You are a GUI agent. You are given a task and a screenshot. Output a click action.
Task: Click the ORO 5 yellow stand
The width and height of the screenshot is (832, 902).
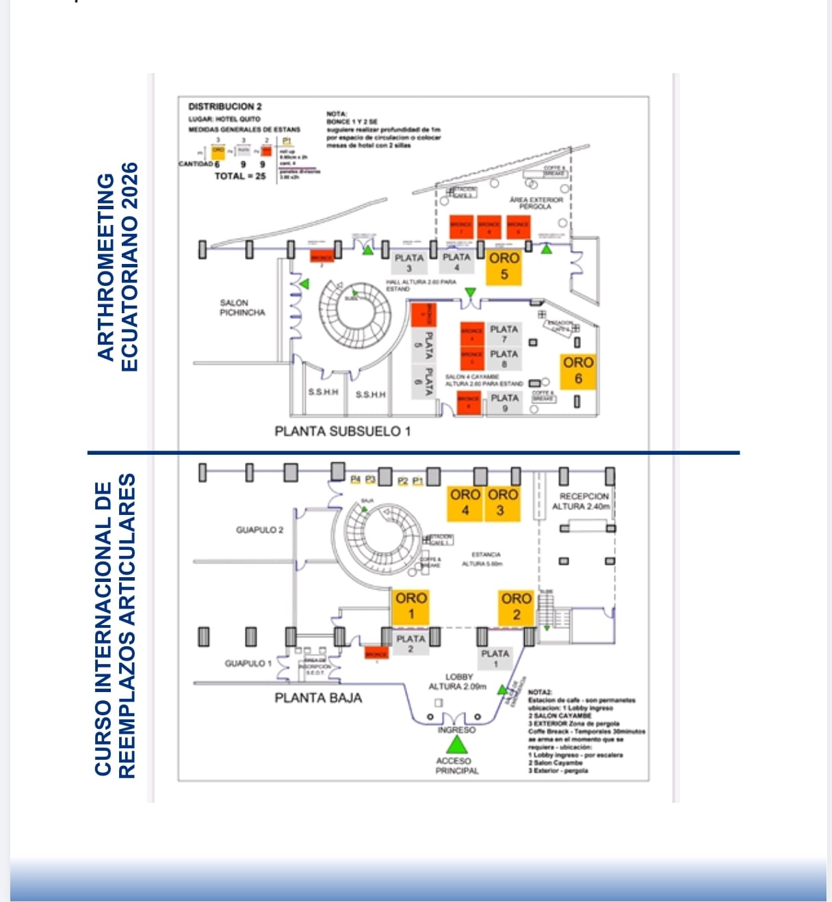coord(504,267)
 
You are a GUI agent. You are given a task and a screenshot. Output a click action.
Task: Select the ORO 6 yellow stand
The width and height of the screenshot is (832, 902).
coord(578,371)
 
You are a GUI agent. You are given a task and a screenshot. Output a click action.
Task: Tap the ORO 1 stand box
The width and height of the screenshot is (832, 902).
coord(411,606)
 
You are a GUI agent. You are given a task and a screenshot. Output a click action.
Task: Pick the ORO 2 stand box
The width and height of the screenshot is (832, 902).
coord(516,606)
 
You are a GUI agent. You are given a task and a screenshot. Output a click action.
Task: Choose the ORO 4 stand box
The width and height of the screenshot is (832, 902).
coord(465,503)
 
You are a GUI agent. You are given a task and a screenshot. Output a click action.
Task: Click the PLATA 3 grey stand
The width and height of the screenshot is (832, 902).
coord(409,263)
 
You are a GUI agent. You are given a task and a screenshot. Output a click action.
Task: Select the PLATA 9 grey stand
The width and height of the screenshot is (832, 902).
coord(505,402)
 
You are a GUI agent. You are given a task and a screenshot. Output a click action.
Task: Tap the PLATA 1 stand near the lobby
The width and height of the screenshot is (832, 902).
coord(495,658)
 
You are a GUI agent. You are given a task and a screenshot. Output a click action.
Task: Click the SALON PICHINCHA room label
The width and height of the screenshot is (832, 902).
coord(235,308)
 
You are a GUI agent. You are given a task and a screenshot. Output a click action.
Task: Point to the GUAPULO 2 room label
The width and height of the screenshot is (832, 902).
coord(259,530)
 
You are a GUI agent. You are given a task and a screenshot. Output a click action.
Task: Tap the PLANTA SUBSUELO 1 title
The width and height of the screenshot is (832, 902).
coord(342,432)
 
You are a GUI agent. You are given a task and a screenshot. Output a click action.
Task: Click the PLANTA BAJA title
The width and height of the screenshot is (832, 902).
coord(318,698)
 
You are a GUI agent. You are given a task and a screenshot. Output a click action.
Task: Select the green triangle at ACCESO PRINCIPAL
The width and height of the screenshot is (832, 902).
coord(456,745)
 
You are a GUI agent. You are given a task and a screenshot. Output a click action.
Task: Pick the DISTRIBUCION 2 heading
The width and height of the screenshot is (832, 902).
coord(224,107)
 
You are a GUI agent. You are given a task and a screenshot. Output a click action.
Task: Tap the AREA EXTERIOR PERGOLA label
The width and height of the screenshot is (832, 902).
coord(536,203)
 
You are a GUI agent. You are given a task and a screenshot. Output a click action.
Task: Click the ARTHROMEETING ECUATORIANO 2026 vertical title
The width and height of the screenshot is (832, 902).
coord(117,267)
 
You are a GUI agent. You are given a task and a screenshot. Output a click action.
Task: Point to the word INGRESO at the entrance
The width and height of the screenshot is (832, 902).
coord(456,730)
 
